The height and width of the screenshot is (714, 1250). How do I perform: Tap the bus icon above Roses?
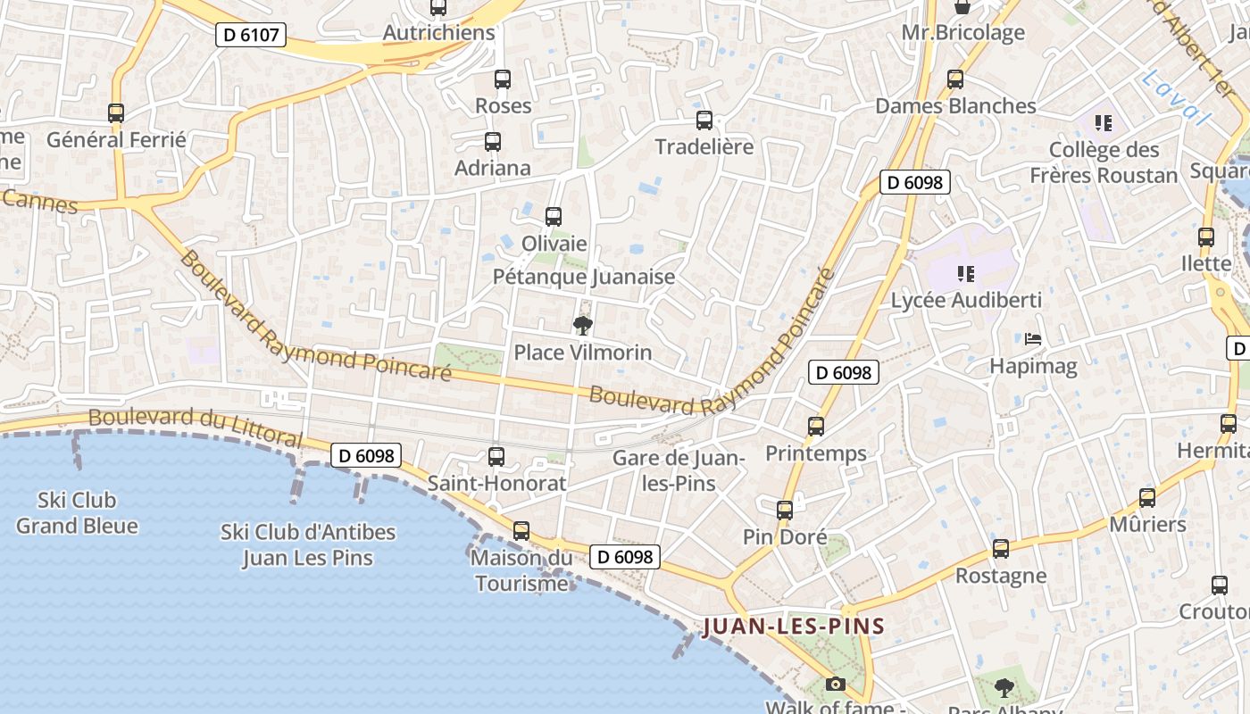503,79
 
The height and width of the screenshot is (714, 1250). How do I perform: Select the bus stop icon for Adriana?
492,142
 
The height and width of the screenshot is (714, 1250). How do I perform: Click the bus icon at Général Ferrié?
116,113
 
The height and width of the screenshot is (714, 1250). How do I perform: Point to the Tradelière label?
704,146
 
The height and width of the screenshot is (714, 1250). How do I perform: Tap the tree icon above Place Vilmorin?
583,326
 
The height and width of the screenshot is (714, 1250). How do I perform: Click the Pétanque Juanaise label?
584,277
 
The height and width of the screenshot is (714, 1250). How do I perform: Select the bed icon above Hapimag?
1033,339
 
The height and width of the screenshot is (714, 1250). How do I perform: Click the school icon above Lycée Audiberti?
965,273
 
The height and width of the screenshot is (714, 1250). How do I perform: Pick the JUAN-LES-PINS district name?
794,626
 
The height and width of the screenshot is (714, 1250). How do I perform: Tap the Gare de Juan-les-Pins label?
679,470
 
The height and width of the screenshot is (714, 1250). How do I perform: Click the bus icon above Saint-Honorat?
496,457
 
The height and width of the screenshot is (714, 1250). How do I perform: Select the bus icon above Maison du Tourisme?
521,531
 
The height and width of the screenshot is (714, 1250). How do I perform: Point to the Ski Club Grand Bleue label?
77,512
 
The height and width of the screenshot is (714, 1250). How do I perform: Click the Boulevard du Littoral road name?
196,427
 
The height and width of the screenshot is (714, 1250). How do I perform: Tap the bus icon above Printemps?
816,427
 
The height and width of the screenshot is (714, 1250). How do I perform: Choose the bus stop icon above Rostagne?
1001,549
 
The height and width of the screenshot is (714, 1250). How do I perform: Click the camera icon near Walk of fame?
836,684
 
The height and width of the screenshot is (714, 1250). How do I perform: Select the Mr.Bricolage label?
962,33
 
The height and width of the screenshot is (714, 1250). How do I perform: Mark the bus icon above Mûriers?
1147,498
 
